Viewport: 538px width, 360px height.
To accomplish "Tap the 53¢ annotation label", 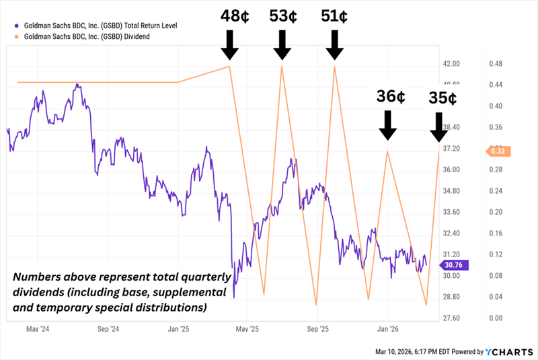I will coord(282,17).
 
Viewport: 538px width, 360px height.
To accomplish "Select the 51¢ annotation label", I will coord(334,17).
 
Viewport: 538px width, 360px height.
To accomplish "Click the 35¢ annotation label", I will coord(443,98).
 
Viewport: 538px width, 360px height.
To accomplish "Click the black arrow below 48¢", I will coord(230,46).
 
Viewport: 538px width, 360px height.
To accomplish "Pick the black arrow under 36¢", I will coord(387,126).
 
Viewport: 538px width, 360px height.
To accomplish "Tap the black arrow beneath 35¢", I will coord(438,127).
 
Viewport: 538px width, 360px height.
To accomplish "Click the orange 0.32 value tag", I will coord(498,151).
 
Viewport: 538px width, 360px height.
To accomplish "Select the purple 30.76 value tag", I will coord(451,265).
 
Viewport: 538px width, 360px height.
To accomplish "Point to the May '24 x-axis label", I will coord(39,330).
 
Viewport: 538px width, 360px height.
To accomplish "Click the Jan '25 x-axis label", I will coord(178,330).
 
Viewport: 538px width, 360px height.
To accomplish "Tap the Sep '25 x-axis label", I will coord(317,330).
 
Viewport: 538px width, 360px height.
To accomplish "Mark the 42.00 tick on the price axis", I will coord(451,63).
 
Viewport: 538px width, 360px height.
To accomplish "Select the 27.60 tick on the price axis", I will coord(451,318).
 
